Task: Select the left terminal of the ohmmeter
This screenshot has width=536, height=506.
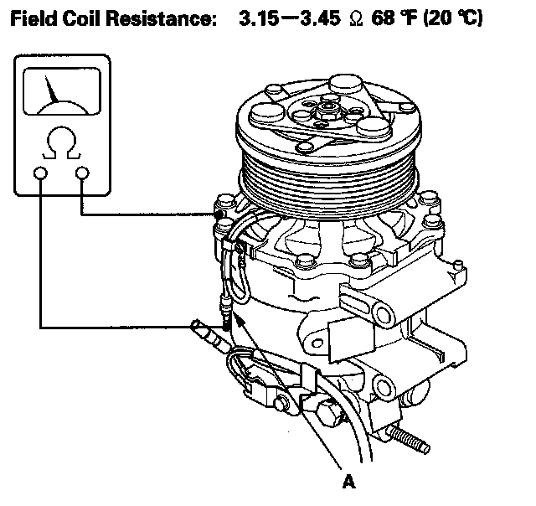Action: [x=39, y=173]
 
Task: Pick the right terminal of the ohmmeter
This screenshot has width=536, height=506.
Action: [x=82, y=173]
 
